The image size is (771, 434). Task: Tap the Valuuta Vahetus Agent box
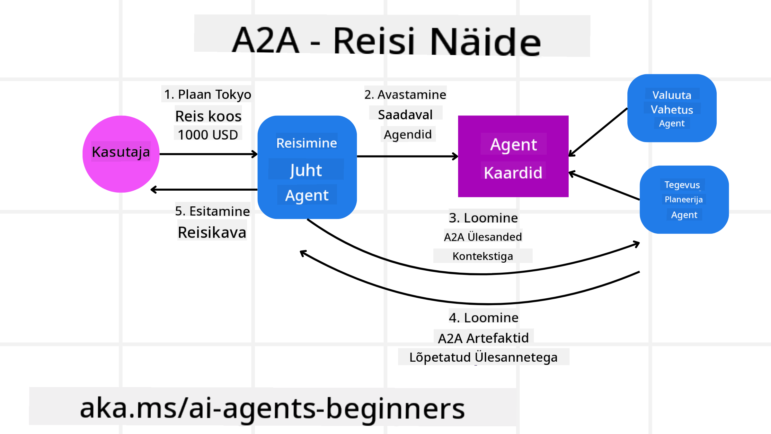672,108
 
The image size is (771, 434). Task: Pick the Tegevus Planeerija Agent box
684,200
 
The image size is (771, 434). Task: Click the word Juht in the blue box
306,170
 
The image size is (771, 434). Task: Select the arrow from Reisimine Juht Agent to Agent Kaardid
407,157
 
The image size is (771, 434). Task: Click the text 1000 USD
208,135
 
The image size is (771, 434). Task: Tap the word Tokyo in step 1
233,95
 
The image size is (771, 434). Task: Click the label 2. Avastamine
405,95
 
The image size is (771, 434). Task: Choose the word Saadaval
405,115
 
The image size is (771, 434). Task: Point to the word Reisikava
212,232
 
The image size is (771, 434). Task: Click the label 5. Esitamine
212,211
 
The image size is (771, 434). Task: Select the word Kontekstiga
483,256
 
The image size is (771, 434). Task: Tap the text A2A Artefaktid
483,338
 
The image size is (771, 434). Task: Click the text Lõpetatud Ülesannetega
483,357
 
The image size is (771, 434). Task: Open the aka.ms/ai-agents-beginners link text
272,408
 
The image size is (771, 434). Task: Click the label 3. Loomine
483,218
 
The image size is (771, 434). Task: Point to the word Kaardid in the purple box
513,173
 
